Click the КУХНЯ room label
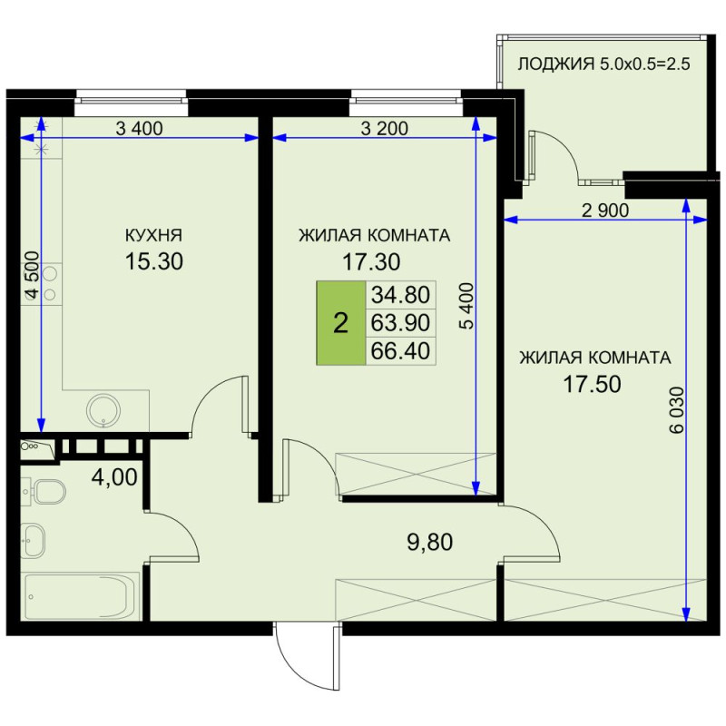[x=153, y=235]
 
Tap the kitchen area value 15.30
[x=153, y=261]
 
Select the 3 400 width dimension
[x=139, y=128]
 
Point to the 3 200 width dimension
[x=384, y=128]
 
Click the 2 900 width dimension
[x=605, y=211]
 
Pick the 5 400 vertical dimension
[x=467, y=306]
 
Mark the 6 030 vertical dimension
[x=676, y=410]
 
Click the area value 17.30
[x=371, y=262]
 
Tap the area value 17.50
[x=592, y=384]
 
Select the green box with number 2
[x=341, y=323]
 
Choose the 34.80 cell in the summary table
[x=400, y=294]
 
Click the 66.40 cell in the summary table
[x=400, y=351]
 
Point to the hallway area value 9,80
[x=429, y=542]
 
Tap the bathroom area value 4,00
[x=114, y=477]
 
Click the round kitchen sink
[x=103, y=411]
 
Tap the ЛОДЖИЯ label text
[x=555, y=64]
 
